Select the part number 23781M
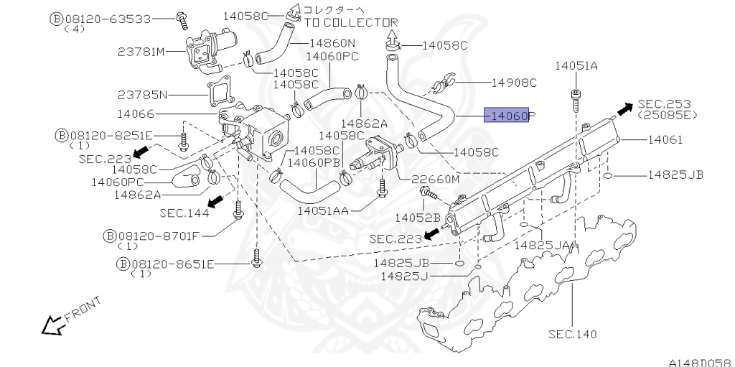pos(141,52)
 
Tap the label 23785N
pos(142,94)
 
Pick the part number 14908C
pos(514,83)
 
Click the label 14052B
pos(417,216)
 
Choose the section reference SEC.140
pos(572,334)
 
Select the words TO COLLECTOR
pos(351,22)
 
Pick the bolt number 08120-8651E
pos(172,264)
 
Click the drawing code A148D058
pos(699,361)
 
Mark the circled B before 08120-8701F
pos(110,235)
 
